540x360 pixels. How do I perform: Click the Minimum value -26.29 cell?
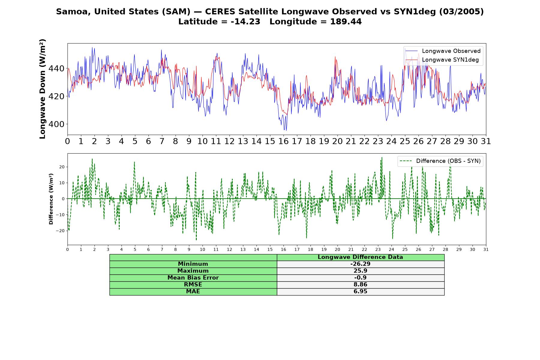click(360, 264)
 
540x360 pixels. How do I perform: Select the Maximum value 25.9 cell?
click(360, 271)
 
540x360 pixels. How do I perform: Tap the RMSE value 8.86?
click(360, 285)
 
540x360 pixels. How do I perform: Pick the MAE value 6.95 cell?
click(360, 292)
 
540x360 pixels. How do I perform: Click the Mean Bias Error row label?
click(193, 278)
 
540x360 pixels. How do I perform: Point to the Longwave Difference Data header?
click(360, 257)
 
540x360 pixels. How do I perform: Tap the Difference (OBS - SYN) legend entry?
click(440, 161)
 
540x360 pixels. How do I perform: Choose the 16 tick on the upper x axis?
click(283, 141)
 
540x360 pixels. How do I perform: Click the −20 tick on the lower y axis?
click(60, 231)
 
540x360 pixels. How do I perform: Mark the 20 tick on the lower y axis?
click(62, 167)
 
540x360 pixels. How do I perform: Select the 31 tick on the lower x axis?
click(486, 249)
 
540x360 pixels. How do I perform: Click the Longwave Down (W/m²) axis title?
click(43, 89)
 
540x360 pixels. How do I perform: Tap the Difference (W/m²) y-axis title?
click(51, 199)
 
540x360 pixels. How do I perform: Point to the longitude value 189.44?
click(346, 22)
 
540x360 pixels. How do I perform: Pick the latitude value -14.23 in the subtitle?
click(245, 22)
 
